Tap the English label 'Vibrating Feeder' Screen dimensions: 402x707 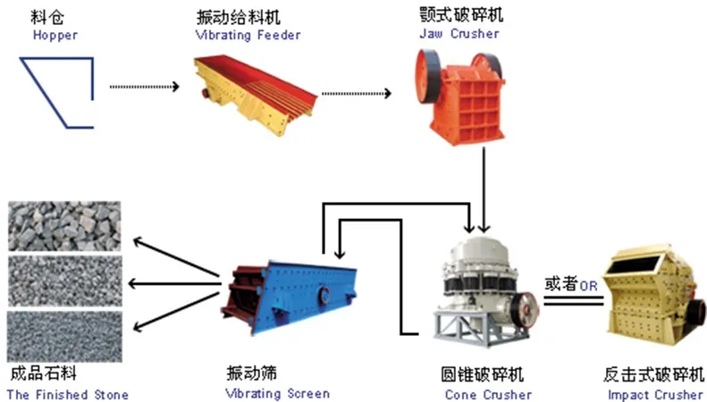point(248,36)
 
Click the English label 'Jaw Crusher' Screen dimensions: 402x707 point(459,34)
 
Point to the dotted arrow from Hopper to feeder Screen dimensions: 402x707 point(143,87)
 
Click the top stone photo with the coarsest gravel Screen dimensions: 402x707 point(63,226)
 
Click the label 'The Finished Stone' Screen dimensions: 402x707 point(68,395)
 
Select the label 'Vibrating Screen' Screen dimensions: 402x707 point(278,394)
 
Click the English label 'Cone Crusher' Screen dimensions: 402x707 point(487,395)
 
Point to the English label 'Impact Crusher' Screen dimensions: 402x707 point(655,395)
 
